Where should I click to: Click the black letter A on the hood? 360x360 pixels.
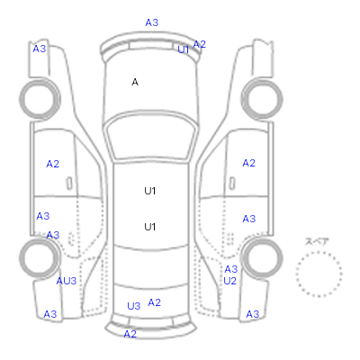(x=135, y=82)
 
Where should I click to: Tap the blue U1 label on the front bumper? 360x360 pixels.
(x=184, y=49)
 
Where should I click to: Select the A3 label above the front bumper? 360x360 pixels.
(x=152, y=22)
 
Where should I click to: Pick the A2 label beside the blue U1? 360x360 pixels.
(x=200, y=44)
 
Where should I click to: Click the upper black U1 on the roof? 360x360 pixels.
(x=150, y=191)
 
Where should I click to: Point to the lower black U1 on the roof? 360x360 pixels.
(x=150, y=227)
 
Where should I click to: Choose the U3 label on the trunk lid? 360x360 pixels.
(x=134, y=306)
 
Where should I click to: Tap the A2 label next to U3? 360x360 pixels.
(x=155, y=302)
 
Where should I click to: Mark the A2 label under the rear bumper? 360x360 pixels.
(x=130, y=334)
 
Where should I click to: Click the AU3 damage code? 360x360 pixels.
(x=67, y=281)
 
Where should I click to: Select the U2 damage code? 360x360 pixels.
(x=230, y=281)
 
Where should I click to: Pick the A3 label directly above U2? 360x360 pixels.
(x=231, y=269)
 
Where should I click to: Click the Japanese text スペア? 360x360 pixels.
(x=317, y=241)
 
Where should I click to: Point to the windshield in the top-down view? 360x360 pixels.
(x=151, y=137)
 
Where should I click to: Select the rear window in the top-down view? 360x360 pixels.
(x=151, y=267)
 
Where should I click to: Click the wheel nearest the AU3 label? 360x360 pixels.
(x=40, y=257)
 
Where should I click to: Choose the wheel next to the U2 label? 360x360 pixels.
(x=262, y=257)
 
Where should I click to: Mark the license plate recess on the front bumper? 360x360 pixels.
(x=151, y=46)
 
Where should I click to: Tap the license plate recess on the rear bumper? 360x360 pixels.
(x=151, y=321)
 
